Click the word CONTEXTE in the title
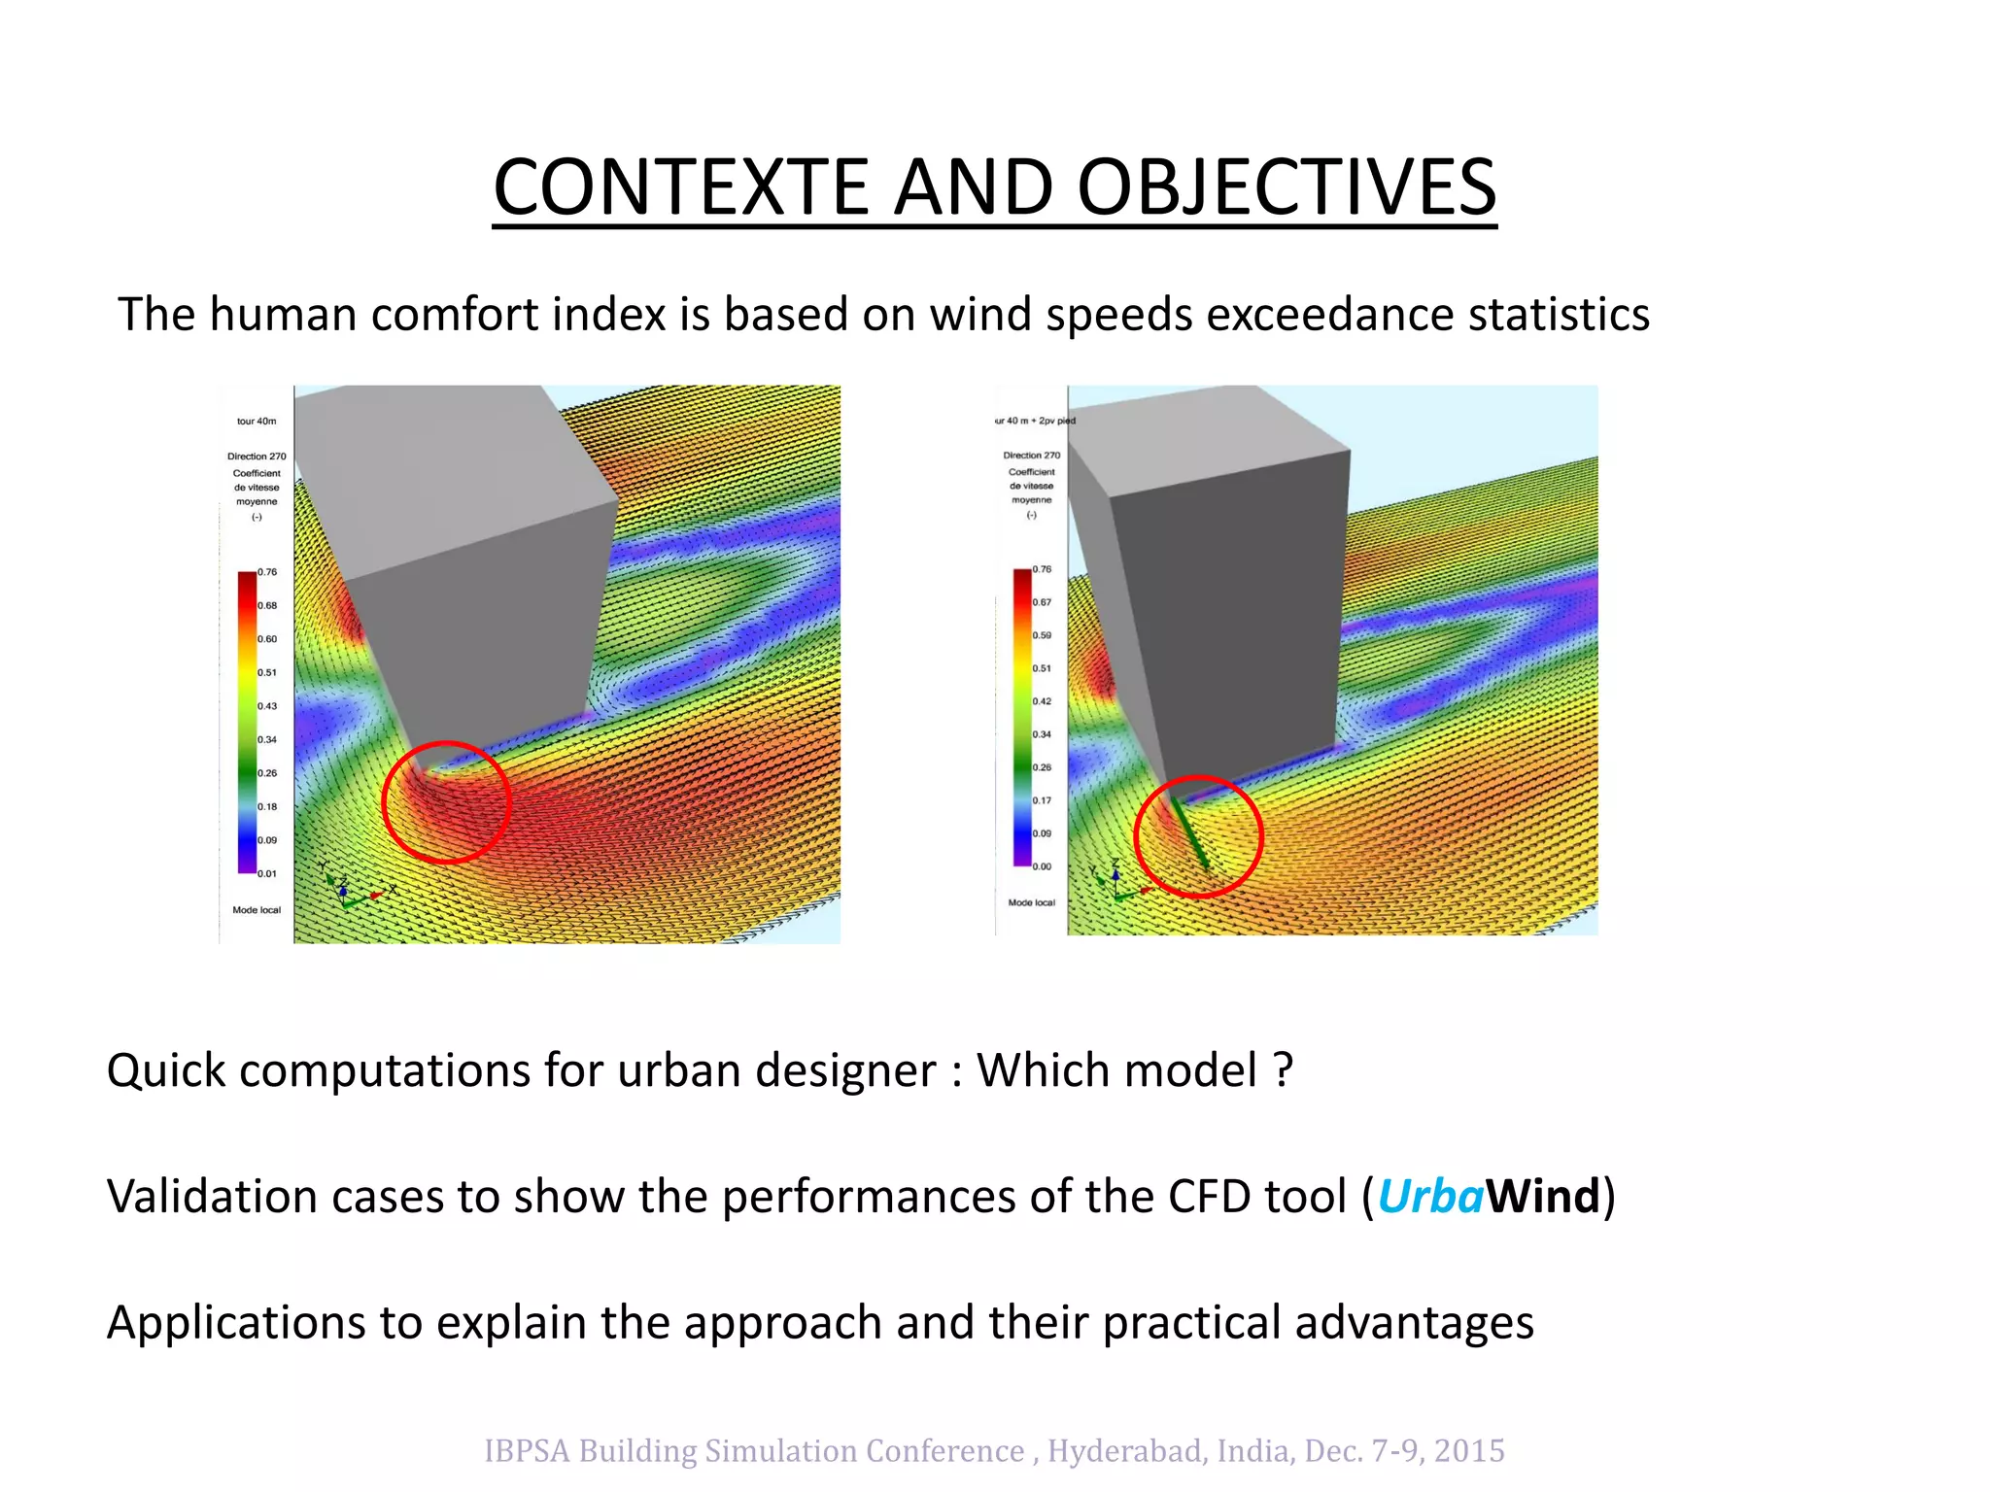point(680,187)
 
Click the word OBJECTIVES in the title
point(1287,187)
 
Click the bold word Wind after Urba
point(1542,1196)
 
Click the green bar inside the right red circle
point(1190,833)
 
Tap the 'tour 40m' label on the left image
point(257,422)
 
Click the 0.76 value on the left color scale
point(267,572)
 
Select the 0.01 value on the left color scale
point(267,873)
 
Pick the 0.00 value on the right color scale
point(1042,866)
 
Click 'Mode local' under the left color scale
point(257,910)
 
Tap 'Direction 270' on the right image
point(1032,455)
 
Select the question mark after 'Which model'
point(1284,1070)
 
